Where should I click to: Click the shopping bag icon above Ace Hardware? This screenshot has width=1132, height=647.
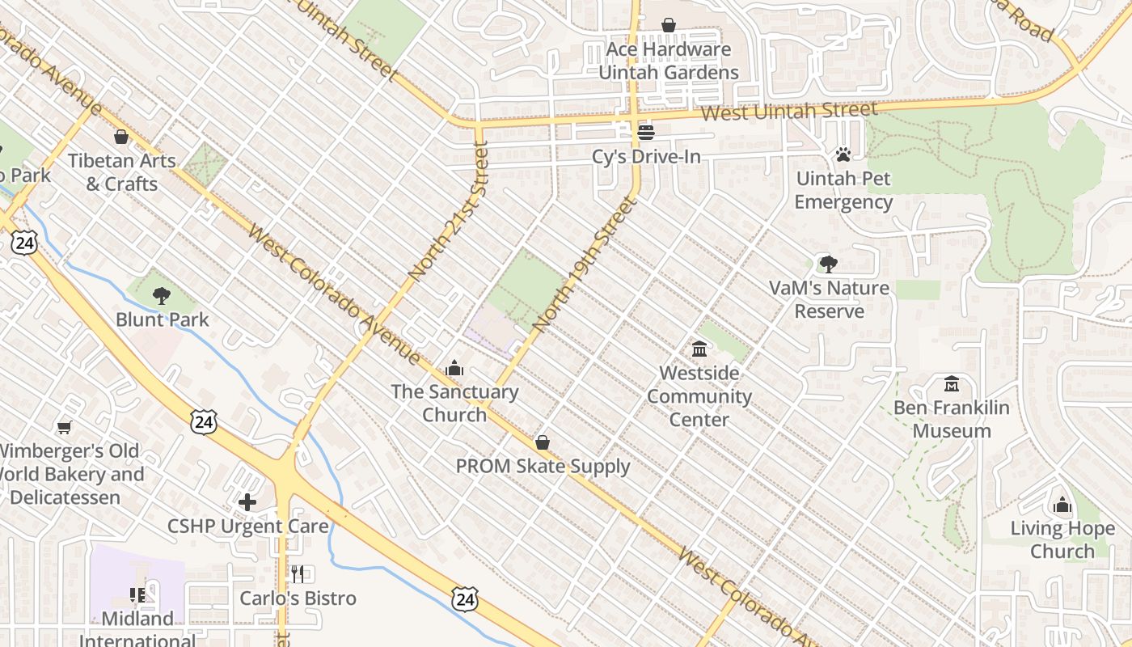[669, 26]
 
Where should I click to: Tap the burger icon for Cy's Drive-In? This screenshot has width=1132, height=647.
[645, 132]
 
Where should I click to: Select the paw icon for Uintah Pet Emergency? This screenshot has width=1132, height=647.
[843, 154]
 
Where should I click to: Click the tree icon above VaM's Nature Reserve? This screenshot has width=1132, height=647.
[828, 264]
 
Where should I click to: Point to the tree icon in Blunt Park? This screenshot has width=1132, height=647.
[162, 295]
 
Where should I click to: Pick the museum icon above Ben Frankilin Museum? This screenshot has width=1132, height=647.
[952, 383]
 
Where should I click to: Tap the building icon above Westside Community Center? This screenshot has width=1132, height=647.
[699, 349]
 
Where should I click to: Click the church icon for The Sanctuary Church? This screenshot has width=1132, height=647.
[454, 368]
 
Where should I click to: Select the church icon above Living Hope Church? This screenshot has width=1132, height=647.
[1062, 505]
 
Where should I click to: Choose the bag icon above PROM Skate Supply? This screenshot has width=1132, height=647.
[543, 442]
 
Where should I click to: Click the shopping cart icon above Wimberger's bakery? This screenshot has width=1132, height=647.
[65, 426]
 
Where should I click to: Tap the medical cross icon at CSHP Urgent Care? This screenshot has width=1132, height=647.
[247, 502]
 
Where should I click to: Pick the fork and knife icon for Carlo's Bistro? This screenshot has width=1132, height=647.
[298, 574]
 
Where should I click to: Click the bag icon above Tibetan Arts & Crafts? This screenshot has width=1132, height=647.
[121, 137]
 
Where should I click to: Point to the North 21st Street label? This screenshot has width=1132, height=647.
[449, 212]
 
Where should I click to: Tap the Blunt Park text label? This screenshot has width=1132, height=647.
[162, 319]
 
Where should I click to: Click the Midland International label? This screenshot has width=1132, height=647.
[137, 629]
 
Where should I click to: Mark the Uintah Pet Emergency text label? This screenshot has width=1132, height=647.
[843, 190]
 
